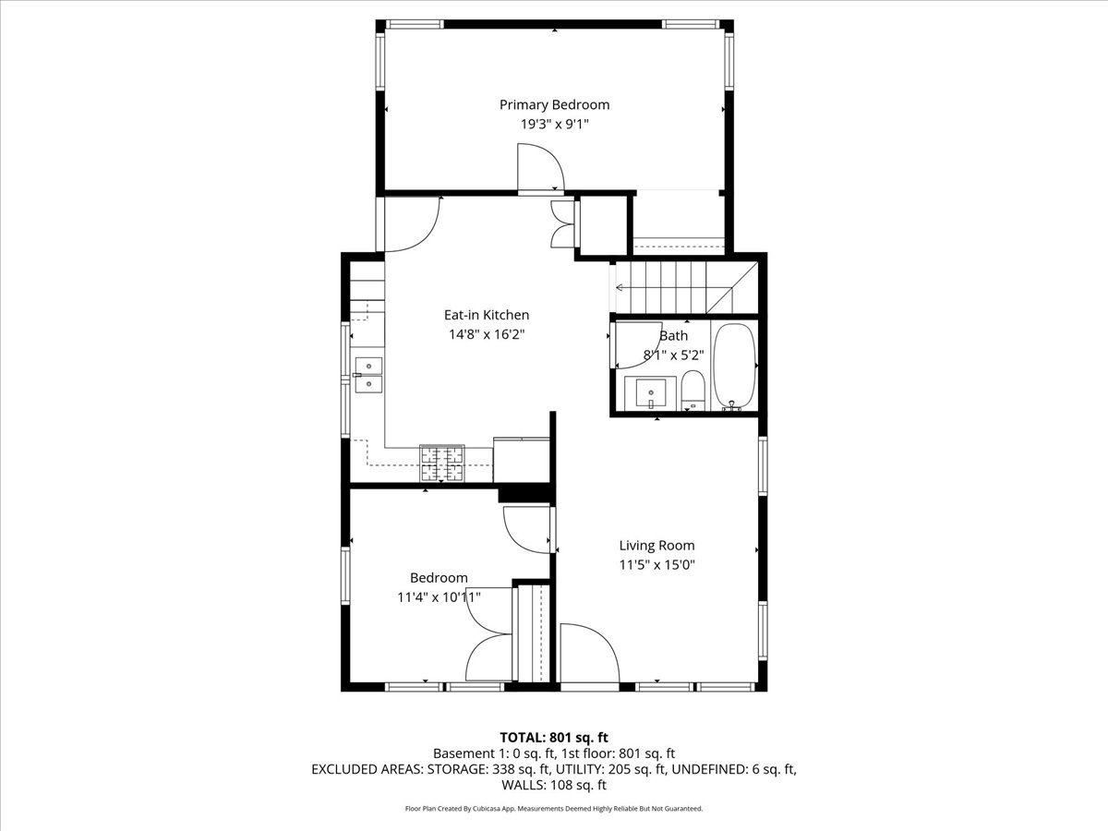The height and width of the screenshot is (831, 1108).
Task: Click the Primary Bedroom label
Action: pyautogui.click(x=554, y=104)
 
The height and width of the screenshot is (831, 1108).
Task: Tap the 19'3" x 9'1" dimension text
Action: pyautogui.click(x=554, y=123)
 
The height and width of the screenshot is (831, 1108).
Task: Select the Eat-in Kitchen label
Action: pyautogui.click(x=487, y=315)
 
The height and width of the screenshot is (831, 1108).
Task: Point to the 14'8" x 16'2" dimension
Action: pyautogui.click(x=487, y=334)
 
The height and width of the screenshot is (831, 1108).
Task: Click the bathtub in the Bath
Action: pyautogui.click(x=735, y=366)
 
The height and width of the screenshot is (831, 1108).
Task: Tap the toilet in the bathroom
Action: pyautogui.click(x=692, y=391)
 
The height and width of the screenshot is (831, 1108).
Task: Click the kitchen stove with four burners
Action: pyautogui.click(x=443, y=464)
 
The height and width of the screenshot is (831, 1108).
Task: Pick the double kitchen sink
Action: pyautogui.click(x=368, y=374)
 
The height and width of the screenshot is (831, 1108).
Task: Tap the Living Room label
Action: pyautogui.click(x=656, y=546)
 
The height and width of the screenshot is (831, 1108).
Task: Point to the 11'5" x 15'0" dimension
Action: pyautogui.click(x=656, y=564)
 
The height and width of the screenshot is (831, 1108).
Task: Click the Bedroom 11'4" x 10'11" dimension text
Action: pyautogui.click(x=439, y=597)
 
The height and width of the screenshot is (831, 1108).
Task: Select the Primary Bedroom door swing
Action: pyautogui.click(x=539, y=172)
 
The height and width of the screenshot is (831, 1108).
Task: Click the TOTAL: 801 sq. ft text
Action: pyautogui.click(x=554, y=737)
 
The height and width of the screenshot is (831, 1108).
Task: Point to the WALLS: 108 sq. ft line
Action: pyautogui.click(x=554, y=785)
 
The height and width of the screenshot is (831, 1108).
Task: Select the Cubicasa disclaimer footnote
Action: pyautogui.click(x=554, y=808)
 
